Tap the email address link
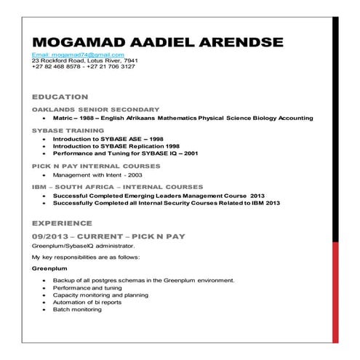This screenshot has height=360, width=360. (78, 55)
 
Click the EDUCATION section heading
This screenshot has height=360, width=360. (60, 96)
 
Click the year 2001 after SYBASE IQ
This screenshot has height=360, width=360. (189, 153)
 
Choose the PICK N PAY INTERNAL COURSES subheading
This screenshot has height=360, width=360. (96, 166)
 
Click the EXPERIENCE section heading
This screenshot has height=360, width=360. (63, 223)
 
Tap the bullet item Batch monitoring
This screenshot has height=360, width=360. (77, 309)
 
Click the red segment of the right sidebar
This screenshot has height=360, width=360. (335, 291)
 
